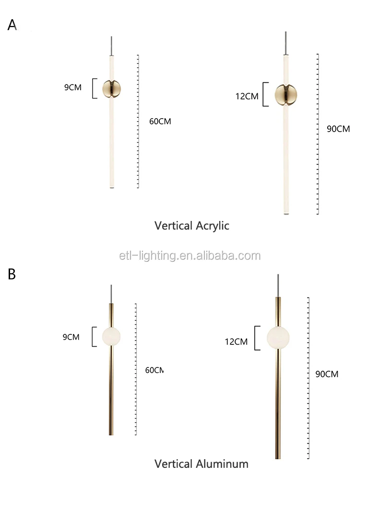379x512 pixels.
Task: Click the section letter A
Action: tap(12, 25)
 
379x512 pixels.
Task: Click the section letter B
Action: tap(12, 274)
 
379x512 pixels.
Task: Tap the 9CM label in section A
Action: tap(73, 87)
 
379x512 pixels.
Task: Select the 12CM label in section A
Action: tap(247, 96)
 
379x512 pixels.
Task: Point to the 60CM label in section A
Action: tap(160, 122)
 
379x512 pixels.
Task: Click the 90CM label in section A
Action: tap(338, 129)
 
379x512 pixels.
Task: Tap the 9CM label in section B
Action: tap(71, 337)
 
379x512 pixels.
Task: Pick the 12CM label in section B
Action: tap(236, 342)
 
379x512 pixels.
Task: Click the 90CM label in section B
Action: tap(327, 374)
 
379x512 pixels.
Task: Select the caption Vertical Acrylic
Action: tap(192, 226)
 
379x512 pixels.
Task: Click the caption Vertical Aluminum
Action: tap(201, 463)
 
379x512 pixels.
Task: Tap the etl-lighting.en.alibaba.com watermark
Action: tap(190, 256)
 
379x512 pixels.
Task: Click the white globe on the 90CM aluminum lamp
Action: tap(279, 338)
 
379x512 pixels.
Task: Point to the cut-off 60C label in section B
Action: tap(154, 370)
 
